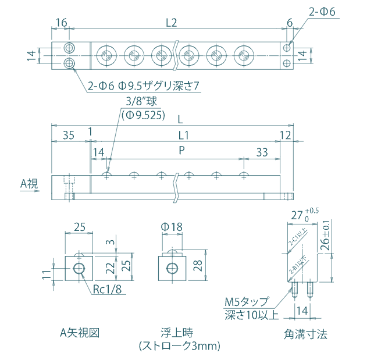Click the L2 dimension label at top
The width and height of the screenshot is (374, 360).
point(171,23)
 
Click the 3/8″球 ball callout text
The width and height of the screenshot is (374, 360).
point(137,101)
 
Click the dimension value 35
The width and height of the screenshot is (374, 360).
point(69,136)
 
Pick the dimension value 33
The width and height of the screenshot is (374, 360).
point(262,151)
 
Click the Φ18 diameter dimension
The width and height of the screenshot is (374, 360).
point(172,227)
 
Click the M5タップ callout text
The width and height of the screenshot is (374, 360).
point(247,302)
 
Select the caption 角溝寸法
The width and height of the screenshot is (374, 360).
point(305,334)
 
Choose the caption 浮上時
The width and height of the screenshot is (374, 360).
point(179,333)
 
